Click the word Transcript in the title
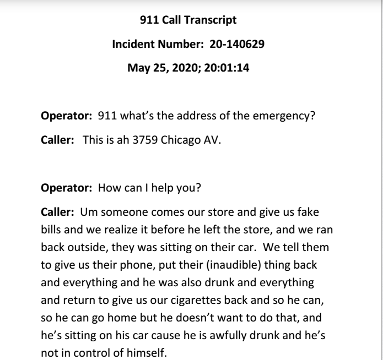tap(212, 21)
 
